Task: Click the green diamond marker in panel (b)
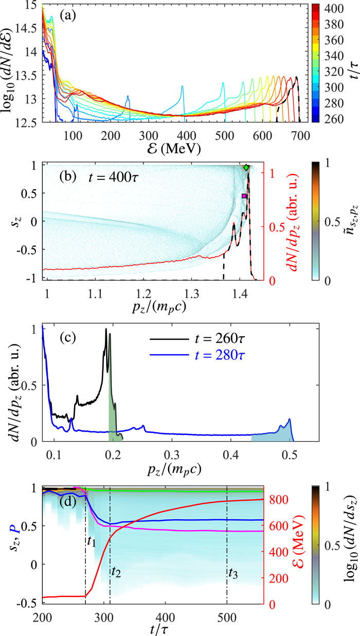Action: [246, 168]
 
